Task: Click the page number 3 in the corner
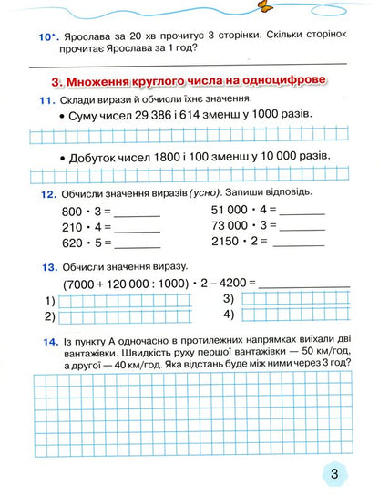pos(334,473)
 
